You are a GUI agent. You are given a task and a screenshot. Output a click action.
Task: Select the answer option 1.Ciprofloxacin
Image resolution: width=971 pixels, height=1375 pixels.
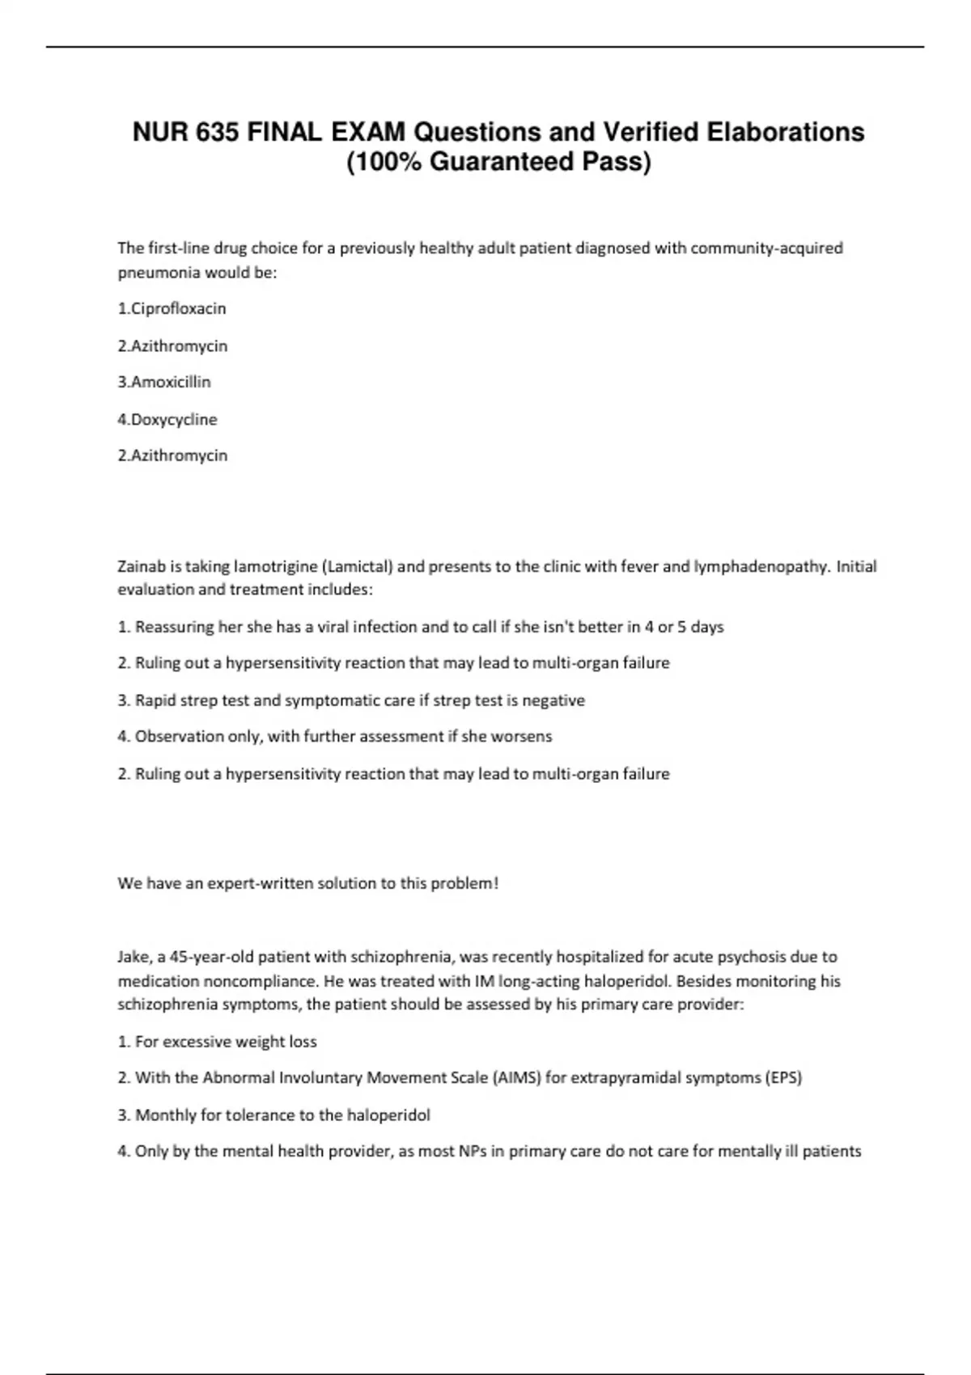point(172,308)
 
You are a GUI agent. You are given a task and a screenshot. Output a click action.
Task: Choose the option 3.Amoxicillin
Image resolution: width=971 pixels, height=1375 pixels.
point(164,382)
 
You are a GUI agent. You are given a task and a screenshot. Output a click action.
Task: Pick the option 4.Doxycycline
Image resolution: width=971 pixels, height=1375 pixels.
point(167,419)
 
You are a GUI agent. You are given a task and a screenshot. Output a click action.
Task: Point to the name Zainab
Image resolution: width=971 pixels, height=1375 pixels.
point(142,566)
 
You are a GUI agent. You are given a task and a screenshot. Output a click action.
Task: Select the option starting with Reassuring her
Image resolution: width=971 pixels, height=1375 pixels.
point(421,627)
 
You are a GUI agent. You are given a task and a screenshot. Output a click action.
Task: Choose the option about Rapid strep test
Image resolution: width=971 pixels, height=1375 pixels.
point(351,700)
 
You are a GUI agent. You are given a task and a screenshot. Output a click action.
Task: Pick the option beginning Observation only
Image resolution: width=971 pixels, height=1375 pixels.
point(335,737)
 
